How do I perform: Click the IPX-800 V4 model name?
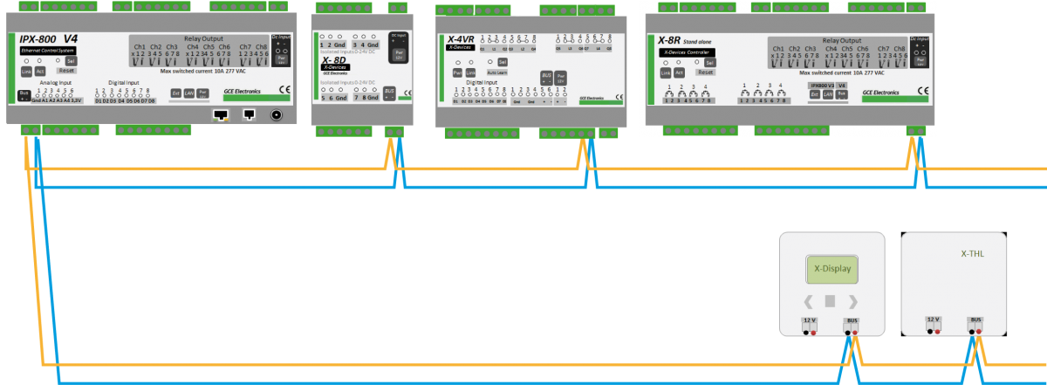pyautogui.click(x=48, y=39)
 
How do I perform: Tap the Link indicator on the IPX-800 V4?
pyautogui.click(x=25, y=72)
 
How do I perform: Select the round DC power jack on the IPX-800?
pyautogui.click(x=277, y=114)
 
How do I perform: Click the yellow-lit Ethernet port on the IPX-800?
pyautogui.click(x=222, y=114)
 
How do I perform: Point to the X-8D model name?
pyautogui.click(x=334, y=58)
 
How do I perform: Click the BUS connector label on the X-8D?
pyautogui.click(x=390, y=92)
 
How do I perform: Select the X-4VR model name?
pyautogui.click(x=460, y=39)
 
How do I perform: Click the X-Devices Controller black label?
pyautogui.click(x=686, y=53)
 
